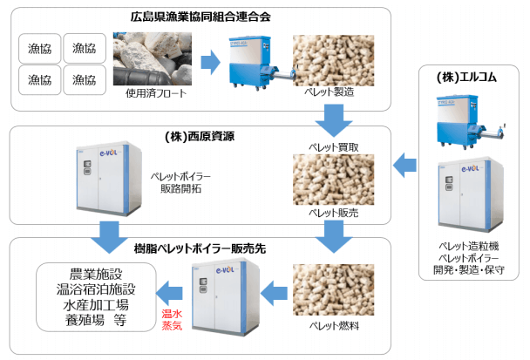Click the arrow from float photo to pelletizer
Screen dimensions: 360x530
point(210,62)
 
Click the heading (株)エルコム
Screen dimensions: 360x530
point(467,78)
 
